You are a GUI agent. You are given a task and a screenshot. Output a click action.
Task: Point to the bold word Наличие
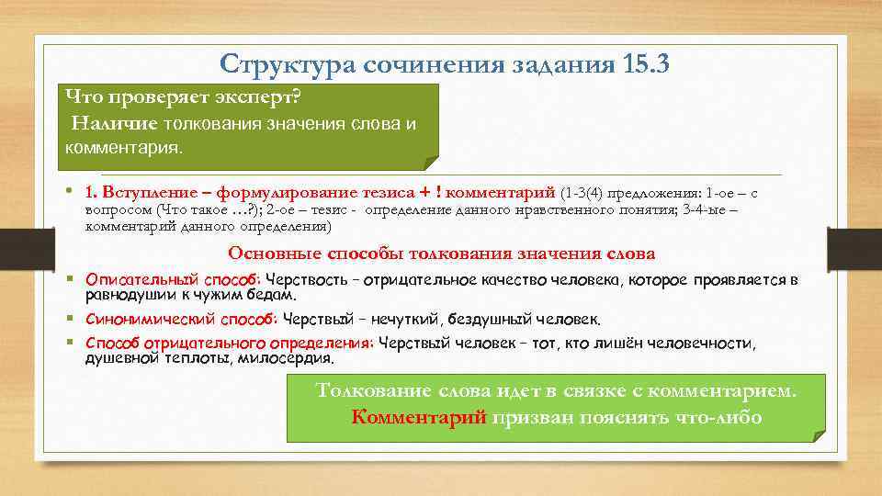(x=116, y=123)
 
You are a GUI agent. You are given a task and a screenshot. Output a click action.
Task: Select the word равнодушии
(x=124, y=295)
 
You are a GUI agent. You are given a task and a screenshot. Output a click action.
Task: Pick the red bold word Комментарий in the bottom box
(x=419, y=416)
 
